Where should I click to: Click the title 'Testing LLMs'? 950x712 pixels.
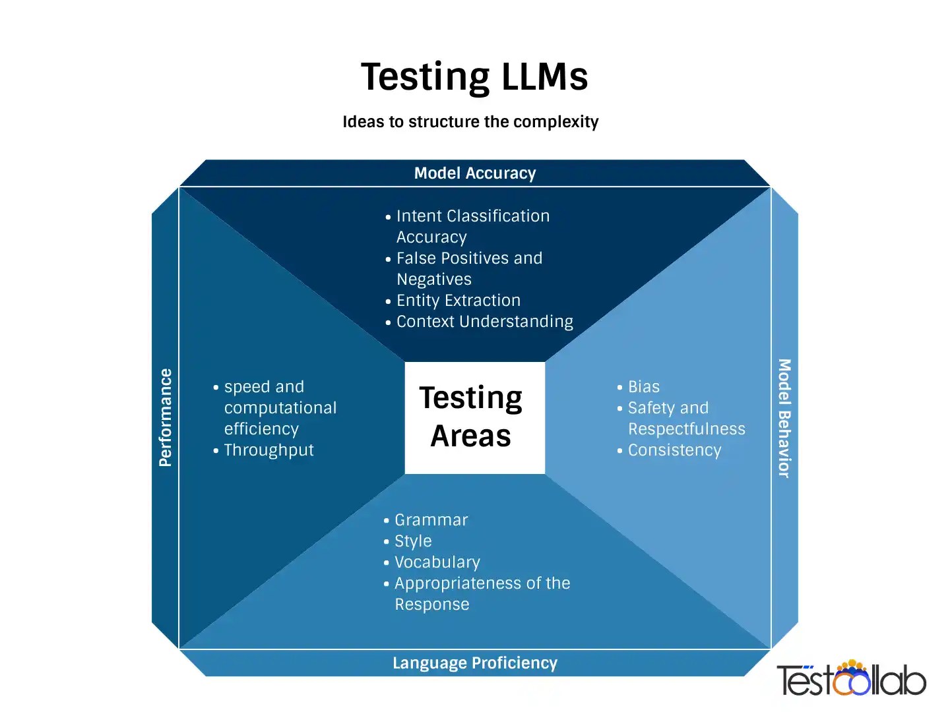pos(474,76)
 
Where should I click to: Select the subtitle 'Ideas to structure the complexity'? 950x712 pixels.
pos(470,122)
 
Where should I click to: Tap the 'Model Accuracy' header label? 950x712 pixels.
pos(475,173)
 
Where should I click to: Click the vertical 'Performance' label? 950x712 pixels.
pos(166,417)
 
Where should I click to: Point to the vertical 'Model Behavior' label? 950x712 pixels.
pos(784,418)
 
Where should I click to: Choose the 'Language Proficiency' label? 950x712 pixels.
pos(475,663)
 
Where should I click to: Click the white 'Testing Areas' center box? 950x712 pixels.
pos(474,417)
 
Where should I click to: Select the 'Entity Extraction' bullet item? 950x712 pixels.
pos(458,301)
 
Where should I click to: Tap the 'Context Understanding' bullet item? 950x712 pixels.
pos(484,322)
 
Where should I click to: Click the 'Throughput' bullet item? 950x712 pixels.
pos(269,450)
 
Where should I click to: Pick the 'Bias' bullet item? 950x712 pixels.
pos(643,387)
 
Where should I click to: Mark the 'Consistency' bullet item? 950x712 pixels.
pos(674,450)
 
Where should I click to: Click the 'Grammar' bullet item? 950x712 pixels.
pos(431,520)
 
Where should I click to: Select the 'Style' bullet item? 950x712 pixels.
pos(413,541)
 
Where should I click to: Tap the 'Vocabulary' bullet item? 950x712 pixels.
pos(437,562)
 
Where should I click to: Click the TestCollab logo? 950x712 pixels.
pos(851,678)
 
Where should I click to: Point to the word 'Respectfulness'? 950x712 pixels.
pos(686,429)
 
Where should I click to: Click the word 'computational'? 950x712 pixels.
pos(280,408)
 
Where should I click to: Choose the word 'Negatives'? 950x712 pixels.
pos(433,280)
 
